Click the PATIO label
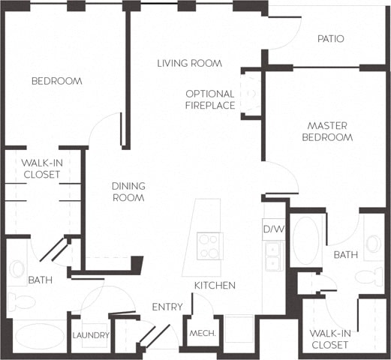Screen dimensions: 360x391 330,39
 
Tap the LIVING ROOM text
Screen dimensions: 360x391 189,64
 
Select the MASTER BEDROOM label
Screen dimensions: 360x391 327,131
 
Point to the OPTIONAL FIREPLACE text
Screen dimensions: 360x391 210,100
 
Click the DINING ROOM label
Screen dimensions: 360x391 128,192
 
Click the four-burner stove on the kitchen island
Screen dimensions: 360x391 209,245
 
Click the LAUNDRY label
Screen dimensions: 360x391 92,335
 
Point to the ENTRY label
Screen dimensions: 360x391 167,307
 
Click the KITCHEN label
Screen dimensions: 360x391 215,286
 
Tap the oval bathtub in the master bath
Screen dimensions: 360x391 305,241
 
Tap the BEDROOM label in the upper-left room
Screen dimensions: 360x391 56,81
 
